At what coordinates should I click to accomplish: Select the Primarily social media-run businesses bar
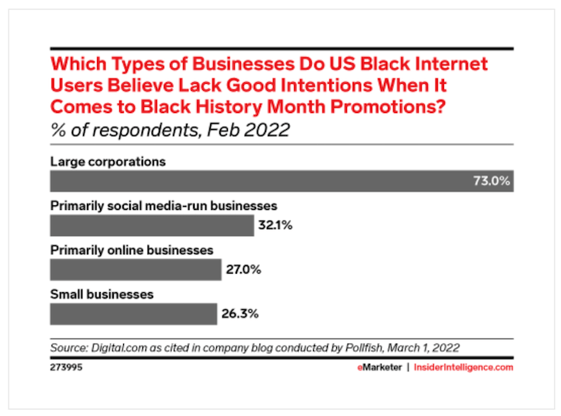(x=152, y=225)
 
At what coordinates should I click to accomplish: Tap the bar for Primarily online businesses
(x=135, y=269)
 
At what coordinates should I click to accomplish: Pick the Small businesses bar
(x=133, y=314)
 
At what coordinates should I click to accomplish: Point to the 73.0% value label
(x=490, y=181)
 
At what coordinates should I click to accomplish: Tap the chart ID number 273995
(x=67, y=368)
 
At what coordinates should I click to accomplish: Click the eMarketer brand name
(x=378, y=368)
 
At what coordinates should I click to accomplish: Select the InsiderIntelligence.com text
(x=463, y=368)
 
